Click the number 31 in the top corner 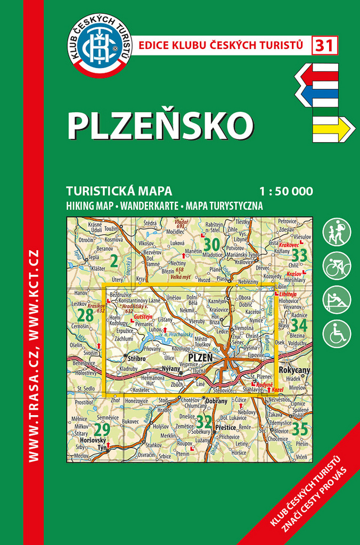(325, 46)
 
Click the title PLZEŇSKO (160, 124)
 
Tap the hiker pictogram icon (337, 233)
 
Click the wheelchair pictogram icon (337, 334)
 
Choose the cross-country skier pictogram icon (337, 300)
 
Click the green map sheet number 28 (85, 315)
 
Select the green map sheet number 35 (300, 427)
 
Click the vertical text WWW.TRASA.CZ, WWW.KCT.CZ (33, 355)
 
